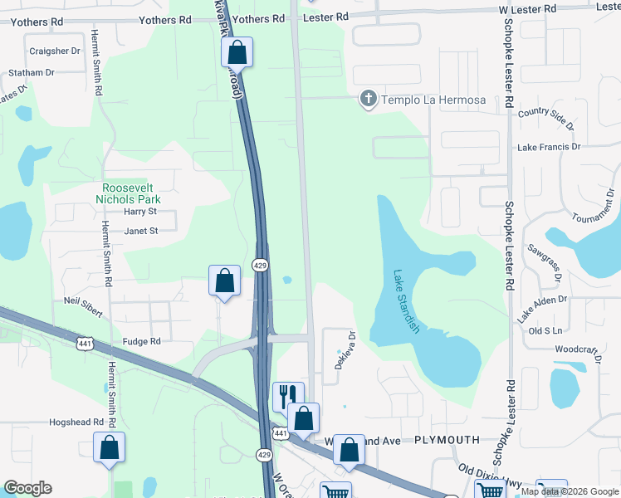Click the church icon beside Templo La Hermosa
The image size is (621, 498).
[x=368, y=100]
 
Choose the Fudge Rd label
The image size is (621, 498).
[x=141, y=341]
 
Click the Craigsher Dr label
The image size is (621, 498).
[x=55, y=51]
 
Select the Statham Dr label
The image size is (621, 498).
[x=32, y=73]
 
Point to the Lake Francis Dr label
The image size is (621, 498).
[x=549, y=147]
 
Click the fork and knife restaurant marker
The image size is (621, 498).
[x=288, y=394]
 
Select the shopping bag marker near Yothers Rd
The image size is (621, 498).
[x=237, y=51]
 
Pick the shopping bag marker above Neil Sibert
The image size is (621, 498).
[x=224, y=280]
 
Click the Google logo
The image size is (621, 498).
[x=27, y=488]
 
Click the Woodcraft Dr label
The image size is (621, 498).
[x=577, y=349]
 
